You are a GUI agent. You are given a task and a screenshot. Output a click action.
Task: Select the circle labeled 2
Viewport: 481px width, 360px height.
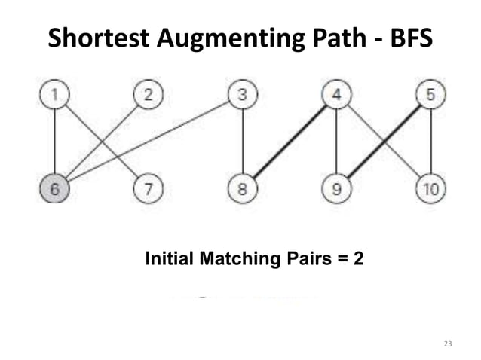click(149, 96)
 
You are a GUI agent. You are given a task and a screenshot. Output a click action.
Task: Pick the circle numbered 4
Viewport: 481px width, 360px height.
click(336, 96)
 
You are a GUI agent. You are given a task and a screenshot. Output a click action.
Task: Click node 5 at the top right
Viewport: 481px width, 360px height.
click(430, 96)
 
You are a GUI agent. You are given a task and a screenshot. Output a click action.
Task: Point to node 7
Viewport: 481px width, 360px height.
click(149, 189)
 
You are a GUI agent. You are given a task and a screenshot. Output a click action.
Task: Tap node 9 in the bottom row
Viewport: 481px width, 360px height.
click(336, 189)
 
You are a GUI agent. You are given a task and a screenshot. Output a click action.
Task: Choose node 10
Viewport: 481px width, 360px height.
click(430, 189)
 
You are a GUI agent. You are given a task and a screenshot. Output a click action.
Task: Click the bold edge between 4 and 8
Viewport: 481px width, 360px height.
click(290, 142)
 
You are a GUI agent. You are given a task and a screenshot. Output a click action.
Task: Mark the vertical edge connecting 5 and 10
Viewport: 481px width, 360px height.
click(430, 142)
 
